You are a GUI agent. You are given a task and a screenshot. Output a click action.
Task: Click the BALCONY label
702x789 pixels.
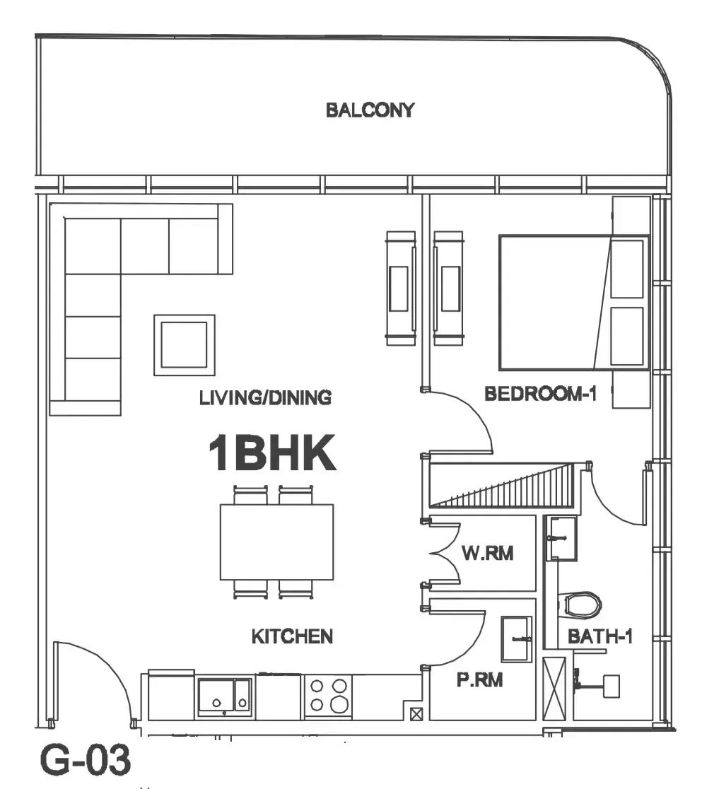pos(370,110)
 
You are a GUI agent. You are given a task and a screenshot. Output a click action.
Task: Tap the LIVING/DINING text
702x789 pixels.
pos(265,397)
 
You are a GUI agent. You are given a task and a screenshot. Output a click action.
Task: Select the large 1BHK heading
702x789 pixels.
pos(271,453)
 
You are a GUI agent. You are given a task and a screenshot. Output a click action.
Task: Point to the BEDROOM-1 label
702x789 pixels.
pos(540,394)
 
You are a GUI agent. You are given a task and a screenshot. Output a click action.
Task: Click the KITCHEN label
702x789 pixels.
pos(292,636)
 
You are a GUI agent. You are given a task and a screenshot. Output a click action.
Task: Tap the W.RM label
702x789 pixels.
pos(487,553)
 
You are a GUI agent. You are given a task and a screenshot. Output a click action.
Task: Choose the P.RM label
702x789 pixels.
pos(479,680)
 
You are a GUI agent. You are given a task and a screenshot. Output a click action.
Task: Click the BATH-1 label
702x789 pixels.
pos(599,636)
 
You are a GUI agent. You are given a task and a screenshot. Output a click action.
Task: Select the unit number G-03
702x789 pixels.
pos(86,760)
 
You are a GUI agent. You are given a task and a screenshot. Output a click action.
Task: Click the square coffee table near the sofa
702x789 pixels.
pos(185,345)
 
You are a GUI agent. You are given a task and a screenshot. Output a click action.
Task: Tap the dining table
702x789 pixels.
pos(276,542)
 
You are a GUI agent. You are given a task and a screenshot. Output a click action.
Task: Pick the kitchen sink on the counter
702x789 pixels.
pos(224,696)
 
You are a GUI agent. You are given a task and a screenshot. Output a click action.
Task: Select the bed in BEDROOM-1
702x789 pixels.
pos(573,303)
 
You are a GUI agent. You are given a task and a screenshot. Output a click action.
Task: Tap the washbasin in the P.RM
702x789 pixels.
pos(516,639)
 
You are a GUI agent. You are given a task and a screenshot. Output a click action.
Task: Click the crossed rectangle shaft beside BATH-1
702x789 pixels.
pos(554,689)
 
